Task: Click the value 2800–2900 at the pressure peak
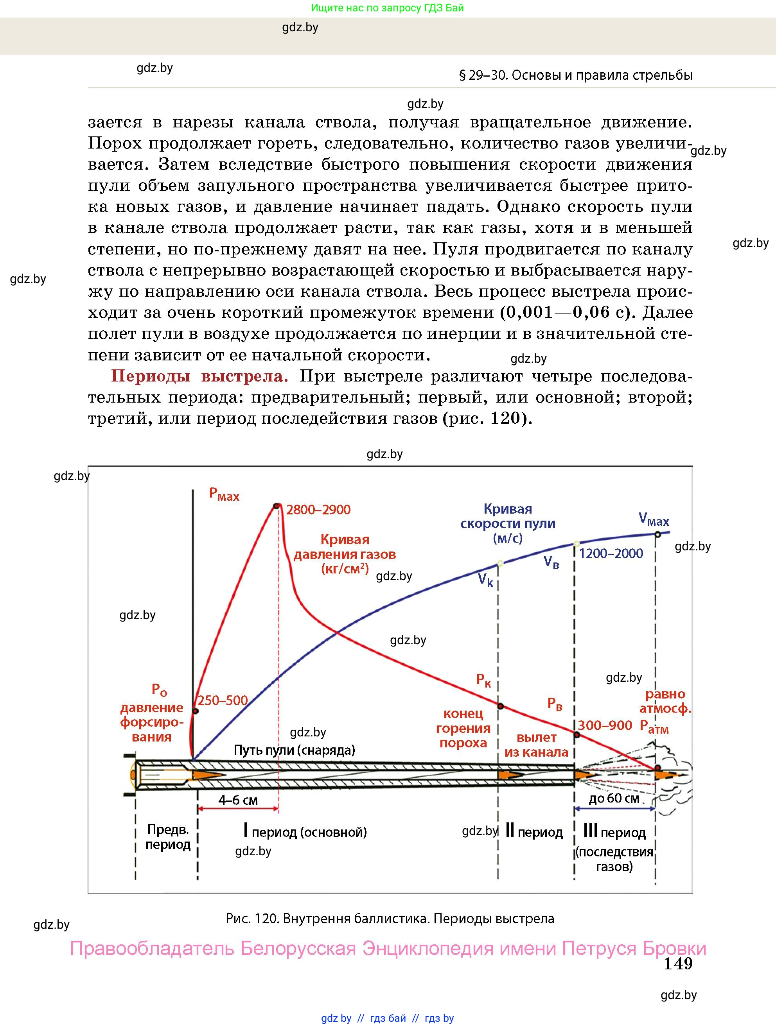point(318,510)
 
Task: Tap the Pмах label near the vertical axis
point(224,494)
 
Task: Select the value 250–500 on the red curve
point(222,700)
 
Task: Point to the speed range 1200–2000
point(611,553)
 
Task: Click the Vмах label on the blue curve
point(654,519)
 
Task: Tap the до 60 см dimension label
point(614,799)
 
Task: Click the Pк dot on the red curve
point(501,706)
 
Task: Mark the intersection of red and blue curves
point(337,632)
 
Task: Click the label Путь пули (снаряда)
point(294,750)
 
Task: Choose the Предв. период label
point(168,836)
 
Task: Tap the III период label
point(614,832)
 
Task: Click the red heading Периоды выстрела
point(199,376)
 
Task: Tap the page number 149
point(678,964)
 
